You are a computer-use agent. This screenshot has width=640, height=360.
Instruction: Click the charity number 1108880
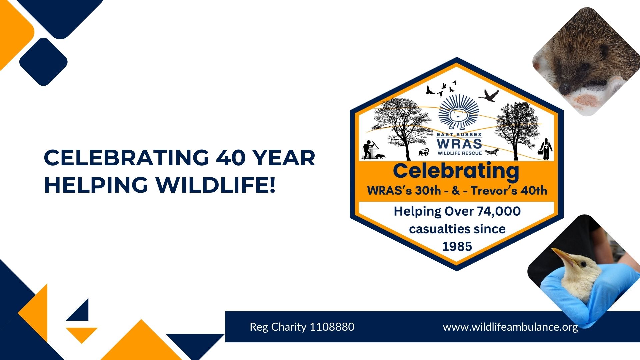pos(332,327)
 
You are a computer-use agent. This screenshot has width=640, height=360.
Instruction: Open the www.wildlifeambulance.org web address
pos(510,327)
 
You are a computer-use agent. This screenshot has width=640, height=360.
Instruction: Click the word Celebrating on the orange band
pos(456,171)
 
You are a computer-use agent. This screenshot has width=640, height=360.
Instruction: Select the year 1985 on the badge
pos(457,246)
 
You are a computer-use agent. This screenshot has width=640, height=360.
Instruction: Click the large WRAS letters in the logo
pos(459,144)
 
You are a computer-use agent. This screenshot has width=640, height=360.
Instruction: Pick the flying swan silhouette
pos(489,95)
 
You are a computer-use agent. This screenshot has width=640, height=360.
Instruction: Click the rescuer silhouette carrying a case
pos(545,149)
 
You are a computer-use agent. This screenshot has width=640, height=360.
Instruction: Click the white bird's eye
pos(583,264)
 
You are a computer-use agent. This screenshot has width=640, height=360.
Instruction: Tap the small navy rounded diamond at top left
pos(43,62)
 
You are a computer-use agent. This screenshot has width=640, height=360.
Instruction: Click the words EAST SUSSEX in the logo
pos(459,134)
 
